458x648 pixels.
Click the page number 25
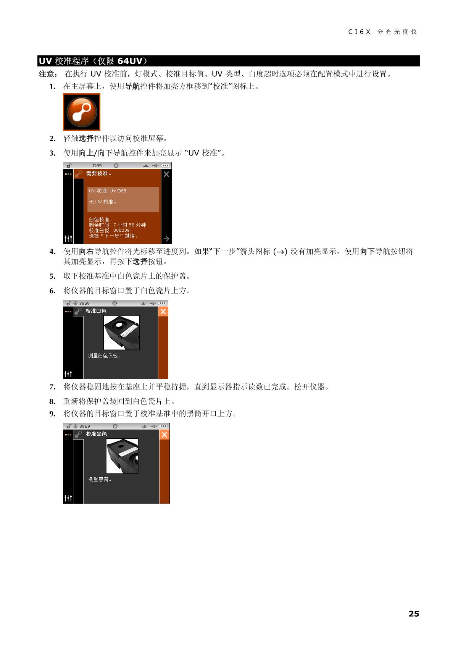coord(414,614)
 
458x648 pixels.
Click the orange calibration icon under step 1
coord(82,112)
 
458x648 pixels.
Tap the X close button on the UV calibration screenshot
coord(166,174)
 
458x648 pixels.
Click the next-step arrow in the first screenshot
coord(166,239)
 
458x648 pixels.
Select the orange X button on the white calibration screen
coord(163,312)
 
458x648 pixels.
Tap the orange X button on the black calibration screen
coord(164,435)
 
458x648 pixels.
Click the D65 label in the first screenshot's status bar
coord(97,166)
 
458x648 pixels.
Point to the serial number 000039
coord(121,230)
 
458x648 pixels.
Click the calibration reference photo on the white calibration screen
coord(121,333)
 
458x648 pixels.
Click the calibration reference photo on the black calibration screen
coord(122,456)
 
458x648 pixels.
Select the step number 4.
coord(52,252)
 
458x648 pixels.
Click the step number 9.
coord(52,414)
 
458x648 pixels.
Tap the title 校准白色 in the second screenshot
coord(96,311)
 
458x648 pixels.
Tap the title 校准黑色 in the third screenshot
coord(96,434)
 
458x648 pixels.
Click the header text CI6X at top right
coord(359,32)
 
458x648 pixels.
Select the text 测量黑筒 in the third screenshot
coord(99,479)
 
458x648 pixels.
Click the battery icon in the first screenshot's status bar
coord(165,166)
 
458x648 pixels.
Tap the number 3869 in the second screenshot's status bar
coord(84,303)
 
